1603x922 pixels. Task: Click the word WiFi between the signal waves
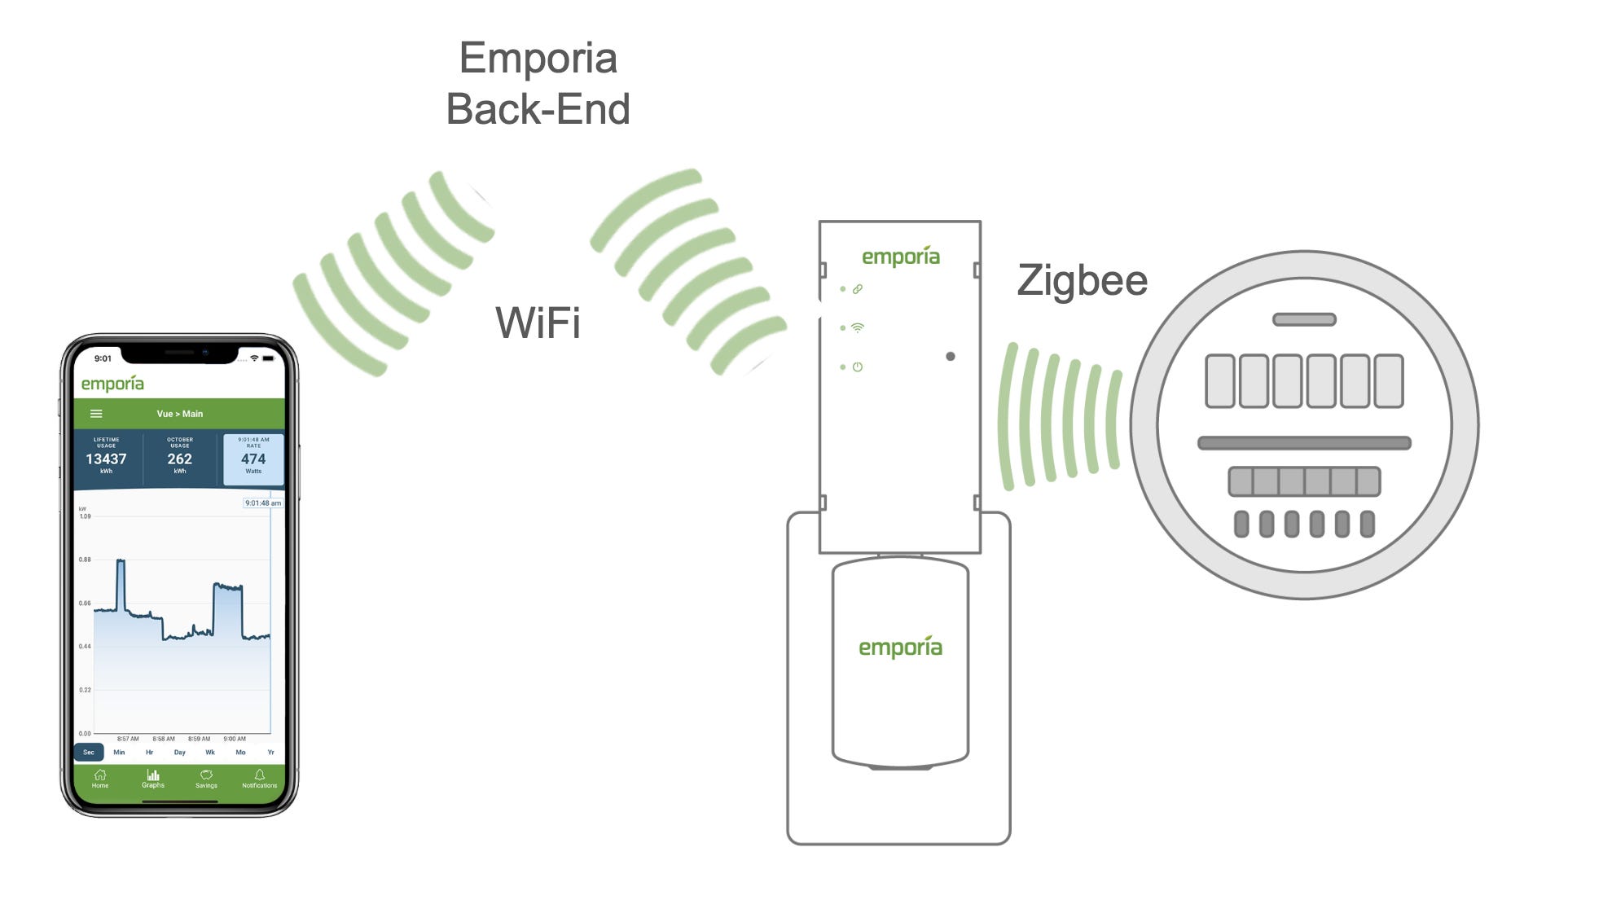tap(538, 323)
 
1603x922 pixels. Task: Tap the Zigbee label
tap(1082, 281)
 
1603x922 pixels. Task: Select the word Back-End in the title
tap(538, 109)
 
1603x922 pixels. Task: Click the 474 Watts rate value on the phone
tap(253, 459)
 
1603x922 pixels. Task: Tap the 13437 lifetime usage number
tap(106, 459)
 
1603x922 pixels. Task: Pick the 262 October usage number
tap(179, 459)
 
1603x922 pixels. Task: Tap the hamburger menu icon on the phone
tap(96, 414)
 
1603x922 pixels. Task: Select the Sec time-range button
tap(89, 752)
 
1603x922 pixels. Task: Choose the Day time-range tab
tap(179, 752)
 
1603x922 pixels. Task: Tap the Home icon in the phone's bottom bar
tap(100, 777)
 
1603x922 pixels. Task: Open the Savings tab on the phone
tap(206, 777)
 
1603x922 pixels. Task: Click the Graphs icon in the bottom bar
tap(153, 777)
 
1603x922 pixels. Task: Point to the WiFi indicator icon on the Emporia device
tap(857, 328)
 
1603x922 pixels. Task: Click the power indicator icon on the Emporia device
tap(857, 367)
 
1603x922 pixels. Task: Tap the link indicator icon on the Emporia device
tap(857, 289)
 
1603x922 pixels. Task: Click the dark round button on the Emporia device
tap(951, 357)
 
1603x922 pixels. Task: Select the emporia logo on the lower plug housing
tap(900, 648)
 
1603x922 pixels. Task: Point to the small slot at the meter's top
tap(1304, 320)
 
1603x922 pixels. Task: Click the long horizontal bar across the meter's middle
tap(1304, 443)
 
